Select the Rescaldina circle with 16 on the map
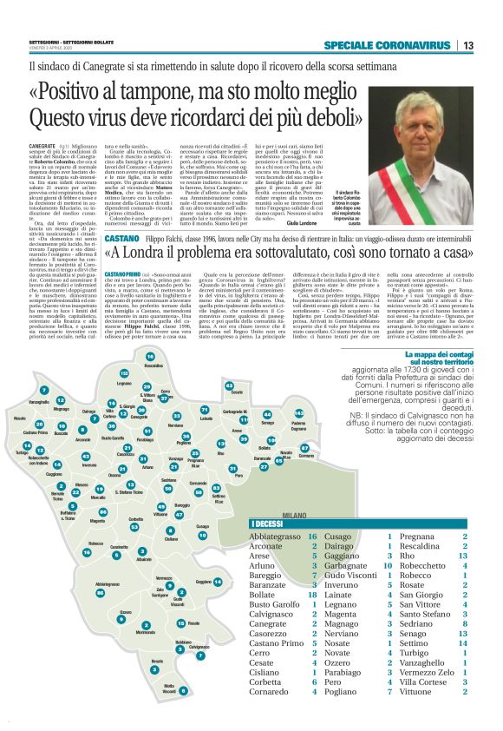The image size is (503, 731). (x=149, y=357)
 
